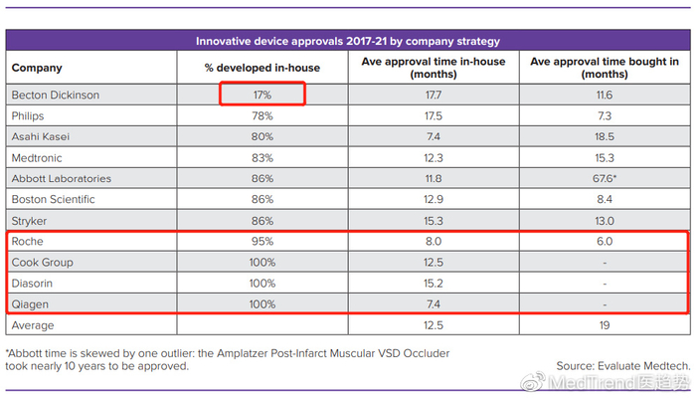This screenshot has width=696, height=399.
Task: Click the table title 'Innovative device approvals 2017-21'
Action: (x=347, y=42)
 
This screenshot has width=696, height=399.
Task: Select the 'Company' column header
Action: (x=37, y=68)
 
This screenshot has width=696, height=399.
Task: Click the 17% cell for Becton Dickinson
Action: (x=261, y=95)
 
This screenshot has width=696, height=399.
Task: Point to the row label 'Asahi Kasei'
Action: (x=39, y=136)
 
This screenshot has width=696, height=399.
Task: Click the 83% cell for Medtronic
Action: (x=261, y=157)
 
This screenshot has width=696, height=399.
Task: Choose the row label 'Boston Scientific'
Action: (x=53, y=200)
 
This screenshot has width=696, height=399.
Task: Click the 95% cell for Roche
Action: (x=261, y=242)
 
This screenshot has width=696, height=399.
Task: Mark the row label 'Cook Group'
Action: (x=41, y=263)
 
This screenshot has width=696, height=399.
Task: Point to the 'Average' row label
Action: (x=33, y=325)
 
